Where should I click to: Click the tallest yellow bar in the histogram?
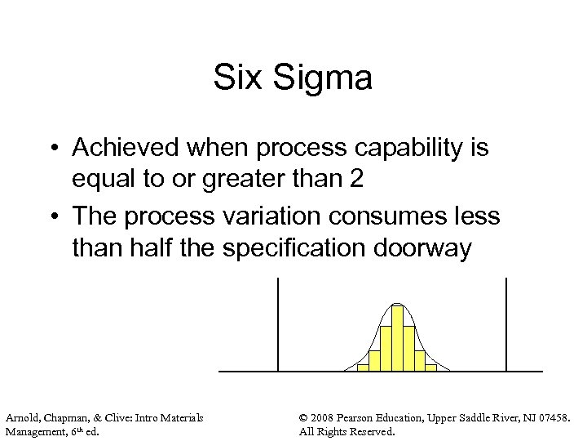(x=397, y=338)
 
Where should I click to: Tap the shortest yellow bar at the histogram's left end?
(x=363, y=367)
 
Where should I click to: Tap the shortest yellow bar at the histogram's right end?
(x=431, y=367)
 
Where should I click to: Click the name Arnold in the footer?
(x=22, y=417)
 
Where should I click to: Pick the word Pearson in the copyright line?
(x=366, y=417)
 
